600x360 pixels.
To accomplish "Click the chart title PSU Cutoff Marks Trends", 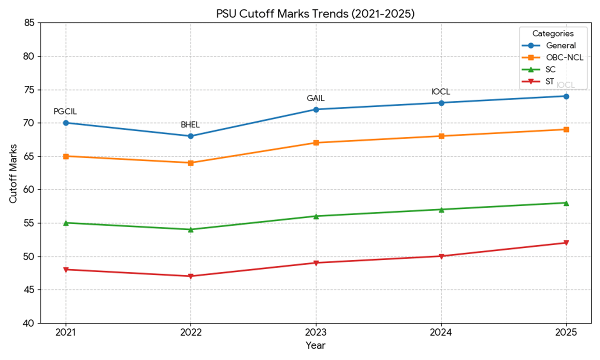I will coord(315,14).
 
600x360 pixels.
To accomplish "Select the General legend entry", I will coord(560,45).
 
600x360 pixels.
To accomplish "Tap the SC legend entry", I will coord(550,69).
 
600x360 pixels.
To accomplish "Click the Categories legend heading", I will coord(553,33).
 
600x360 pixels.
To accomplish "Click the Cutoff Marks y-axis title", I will coord(13,173).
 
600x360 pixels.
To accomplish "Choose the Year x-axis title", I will coord(315,345).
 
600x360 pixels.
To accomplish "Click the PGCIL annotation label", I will coord(65,111).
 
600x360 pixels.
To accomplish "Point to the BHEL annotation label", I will coord(190,125).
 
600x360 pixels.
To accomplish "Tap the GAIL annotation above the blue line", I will coord(315,98).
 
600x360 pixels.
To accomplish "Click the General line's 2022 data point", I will coord(190,136).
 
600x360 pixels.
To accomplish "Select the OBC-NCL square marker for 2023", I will coord(315,142).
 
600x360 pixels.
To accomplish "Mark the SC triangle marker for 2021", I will coord(65,222).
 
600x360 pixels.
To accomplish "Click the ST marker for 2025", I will coord(566,243).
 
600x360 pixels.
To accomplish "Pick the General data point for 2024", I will coord(441,103).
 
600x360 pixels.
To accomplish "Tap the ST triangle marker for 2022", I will coord(190,276).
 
